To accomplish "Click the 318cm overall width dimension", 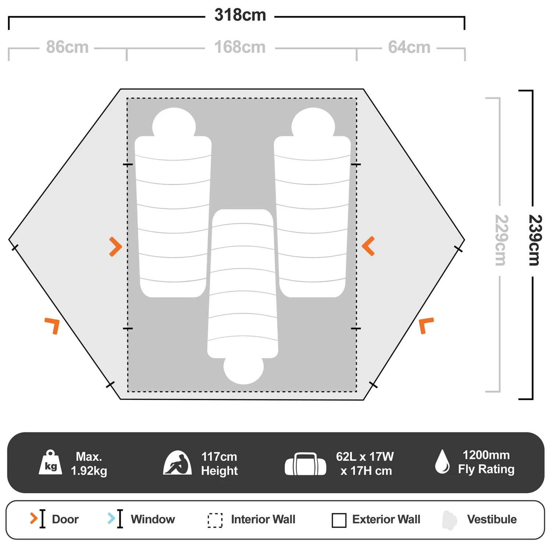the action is (x=240, y=15).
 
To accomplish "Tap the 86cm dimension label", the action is (x=67, y=47).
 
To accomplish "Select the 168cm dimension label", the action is (x=240, y=47).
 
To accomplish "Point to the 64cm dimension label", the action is (x=409, y=47).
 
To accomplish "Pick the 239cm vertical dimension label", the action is (x=534, y=240).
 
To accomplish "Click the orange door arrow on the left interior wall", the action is (x=115, y=247).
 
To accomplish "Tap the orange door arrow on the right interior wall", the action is (x=368, y=246).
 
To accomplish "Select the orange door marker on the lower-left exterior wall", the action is (x=53, y=325).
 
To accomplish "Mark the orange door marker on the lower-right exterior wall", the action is (x=426, y=325).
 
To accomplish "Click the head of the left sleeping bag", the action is (x=174, y=123).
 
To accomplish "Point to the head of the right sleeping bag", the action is (x=313, y=123).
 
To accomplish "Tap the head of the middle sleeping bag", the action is (x=243, y=369).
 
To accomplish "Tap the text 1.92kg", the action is (x=89, y=471).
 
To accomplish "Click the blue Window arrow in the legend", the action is (x=111, y=518).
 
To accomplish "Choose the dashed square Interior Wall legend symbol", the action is (x=215, y=520).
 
